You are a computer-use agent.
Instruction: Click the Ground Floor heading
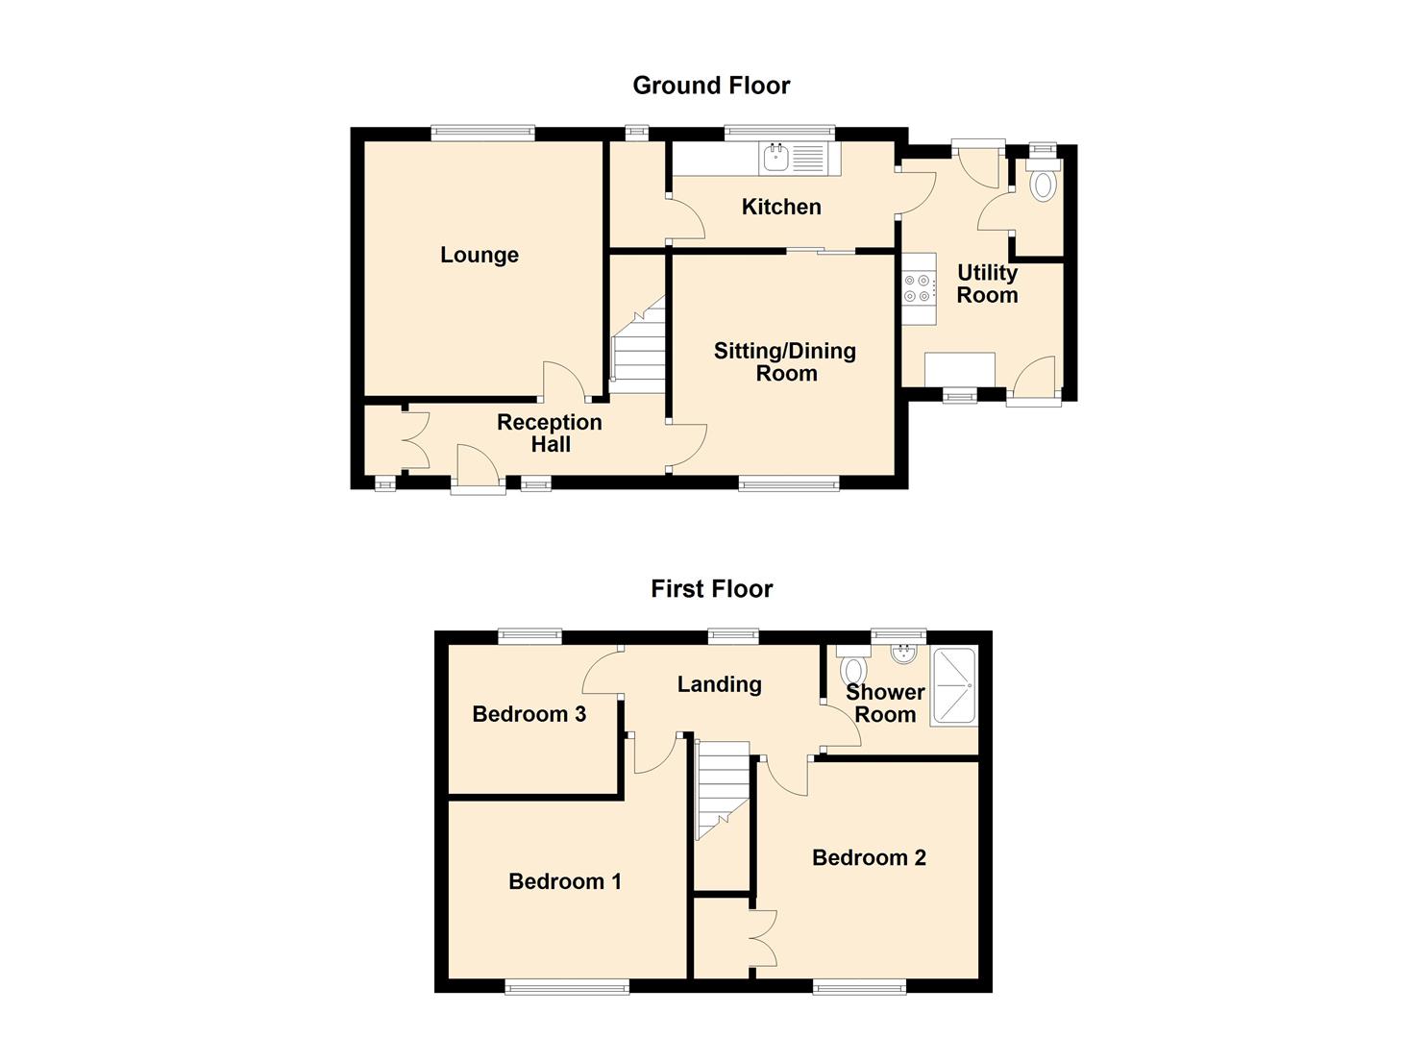[711, 86]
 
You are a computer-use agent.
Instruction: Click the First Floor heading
[712, 589]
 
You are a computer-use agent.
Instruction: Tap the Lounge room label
[480, 255]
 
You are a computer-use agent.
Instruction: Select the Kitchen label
[781, 207]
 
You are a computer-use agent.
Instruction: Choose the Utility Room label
[987, 284]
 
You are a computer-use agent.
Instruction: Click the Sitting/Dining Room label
[785, 361]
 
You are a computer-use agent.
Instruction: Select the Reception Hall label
[549, 432]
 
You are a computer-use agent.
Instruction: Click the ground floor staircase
[638, 345]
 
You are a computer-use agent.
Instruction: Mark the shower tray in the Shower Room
[953, 687]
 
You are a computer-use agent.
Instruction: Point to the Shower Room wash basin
[903, 654]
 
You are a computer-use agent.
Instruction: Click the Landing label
[719, 684]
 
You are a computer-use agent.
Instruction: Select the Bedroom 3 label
[529, 714]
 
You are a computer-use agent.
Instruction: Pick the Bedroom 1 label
[564, 881]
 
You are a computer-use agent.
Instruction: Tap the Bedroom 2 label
[869, 857]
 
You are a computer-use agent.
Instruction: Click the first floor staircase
[722, 791]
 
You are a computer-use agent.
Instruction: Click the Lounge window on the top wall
[482, 133]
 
